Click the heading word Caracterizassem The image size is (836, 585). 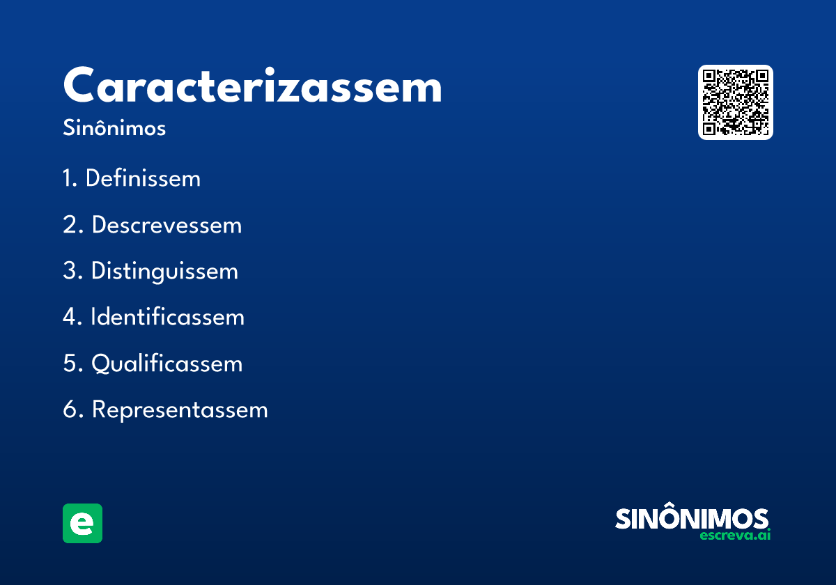(252, 87)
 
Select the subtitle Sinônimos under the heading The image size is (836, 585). (114, 129)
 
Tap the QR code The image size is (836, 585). (735, 102)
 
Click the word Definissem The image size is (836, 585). (143, 179)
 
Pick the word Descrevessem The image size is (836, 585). (167, 225)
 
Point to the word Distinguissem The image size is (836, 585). (164, 272)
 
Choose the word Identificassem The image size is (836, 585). (167, 318)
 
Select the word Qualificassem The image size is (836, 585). (167, 364)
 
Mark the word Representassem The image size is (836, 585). (180, 410)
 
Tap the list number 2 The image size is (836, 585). (71, 225)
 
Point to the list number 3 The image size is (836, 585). (71, 272)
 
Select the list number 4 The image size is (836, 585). (71, 318)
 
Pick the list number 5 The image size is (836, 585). (71, 364)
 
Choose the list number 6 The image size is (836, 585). (71, 410)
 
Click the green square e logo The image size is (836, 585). (82, 523)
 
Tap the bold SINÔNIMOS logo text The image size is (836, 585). (692, 519)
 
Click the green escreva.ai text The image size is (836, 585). (735, 536)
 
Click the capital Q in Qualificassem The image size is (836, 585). (102, 364)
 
